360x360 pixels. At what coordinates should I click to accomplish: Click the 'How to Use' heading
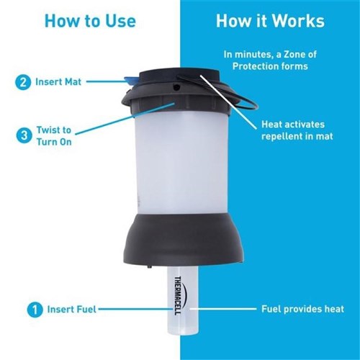pos(90,21)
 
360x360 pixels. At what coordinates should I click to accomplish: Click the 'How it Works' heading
pos(270,21)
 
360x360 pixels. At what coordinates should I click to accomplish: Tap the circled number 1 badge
pos(35,310)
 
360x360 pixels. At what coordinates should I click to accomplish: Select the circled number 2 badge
pos(23,82)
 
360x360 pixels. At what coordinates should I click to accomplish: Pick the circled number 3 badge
pos(24,135)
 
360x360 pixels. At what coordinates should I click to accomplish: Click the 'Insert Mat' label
pos(58,82)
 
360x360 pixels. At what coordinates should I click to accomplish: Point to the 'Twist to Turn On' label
pos(54,136)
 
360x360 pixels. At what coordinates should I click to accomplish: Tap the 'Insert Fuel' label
pos(72,309)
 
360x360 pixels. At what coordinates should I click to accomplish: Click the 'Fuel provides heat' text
pos(302,309)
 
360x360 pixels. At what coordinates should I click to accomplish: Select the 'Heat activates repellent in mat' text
pos(297,130)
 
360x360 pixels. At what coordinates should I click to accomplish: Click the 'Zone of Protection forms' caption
pos(270,60)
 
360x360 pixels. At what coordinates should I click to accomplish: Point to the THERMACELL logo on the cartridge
pos(179,296)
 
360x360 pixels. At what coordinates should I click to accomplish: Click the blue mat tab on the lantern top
pos(131,81)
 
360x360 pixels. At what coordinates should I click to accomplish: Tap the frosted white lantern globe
pos(181,163)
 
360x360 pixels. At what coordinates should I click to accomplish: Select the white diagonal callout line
pos(228,102)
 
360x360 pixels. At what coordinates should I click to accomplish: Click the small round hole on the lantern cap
pos(176,86)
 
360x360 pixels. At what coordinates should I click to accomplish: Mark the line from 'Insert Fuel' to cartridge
pos(135,309)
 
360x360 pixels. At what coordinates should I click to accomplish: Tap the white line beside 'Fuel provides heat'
pos(223,309)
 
